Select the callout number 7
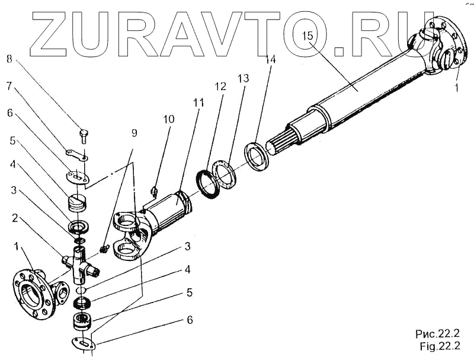[9, 86]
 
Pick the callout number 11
[197, 103]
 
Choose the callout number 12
[220, 87]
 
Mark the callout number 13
[244, 79]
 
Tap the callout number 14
[271, 59]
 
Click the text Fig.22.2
[439, 346]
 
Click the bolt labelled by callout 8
[84, 135]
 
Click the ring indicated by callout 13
[225, 174]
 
